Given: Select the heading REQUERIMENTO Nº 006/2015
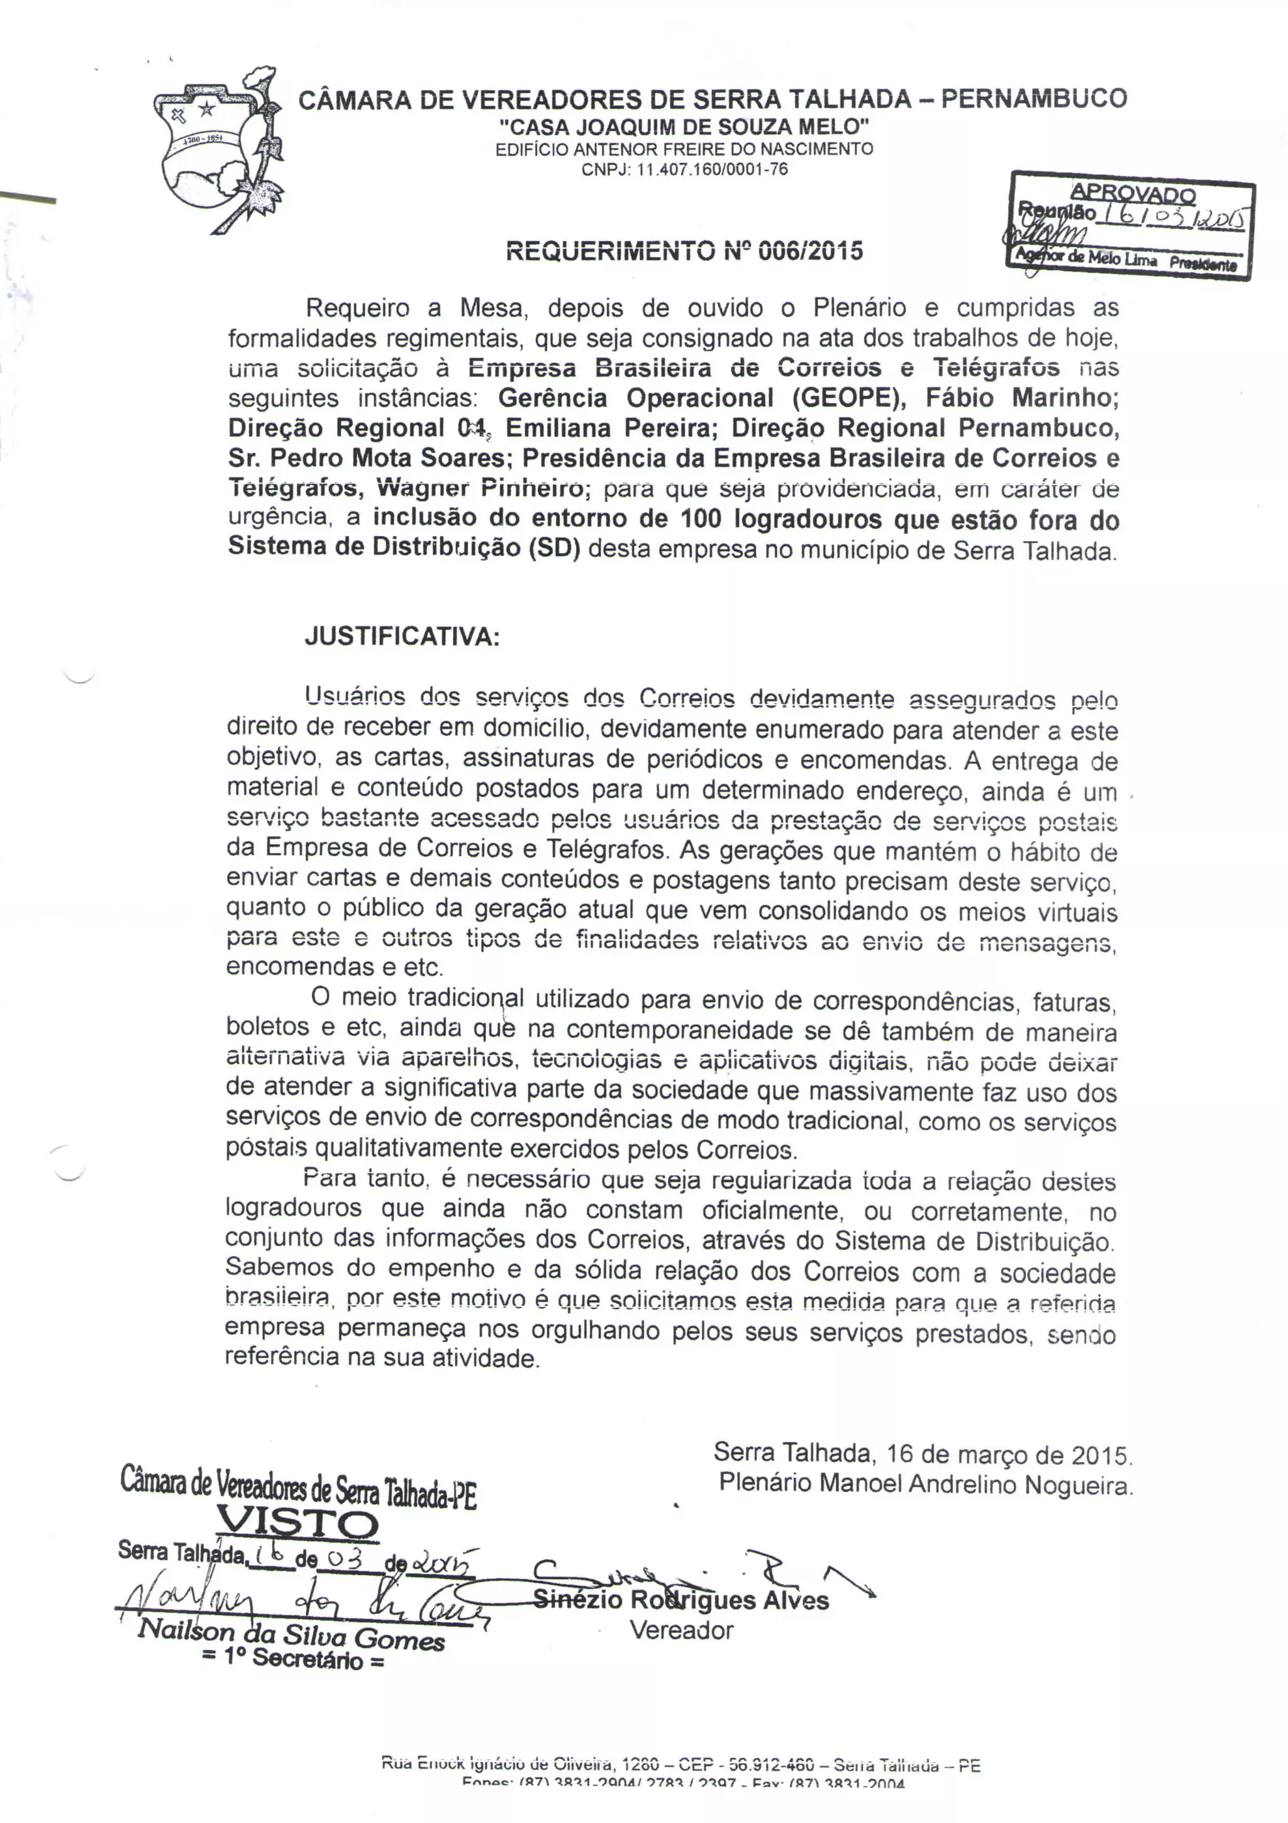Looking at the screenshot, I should pyautogui.click(x=684, y=251).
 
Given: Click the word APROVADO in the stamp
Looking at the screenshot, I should pyautogui.click(x=1133, y=193).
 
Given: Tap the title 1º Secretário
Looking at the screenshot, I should pyautogui.click(x=294, y=1659).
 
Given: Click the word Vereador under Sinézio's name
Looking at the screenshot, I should pyautogui.click(x=682, y=1631).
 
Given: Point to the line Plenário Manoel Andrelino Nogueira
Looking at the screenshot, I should pyautogui.click(x=925, y=1484).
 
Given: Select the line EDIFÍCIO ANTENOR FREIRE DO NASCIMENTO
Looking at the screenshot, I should pyautogui.click(x=684, y=148).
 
